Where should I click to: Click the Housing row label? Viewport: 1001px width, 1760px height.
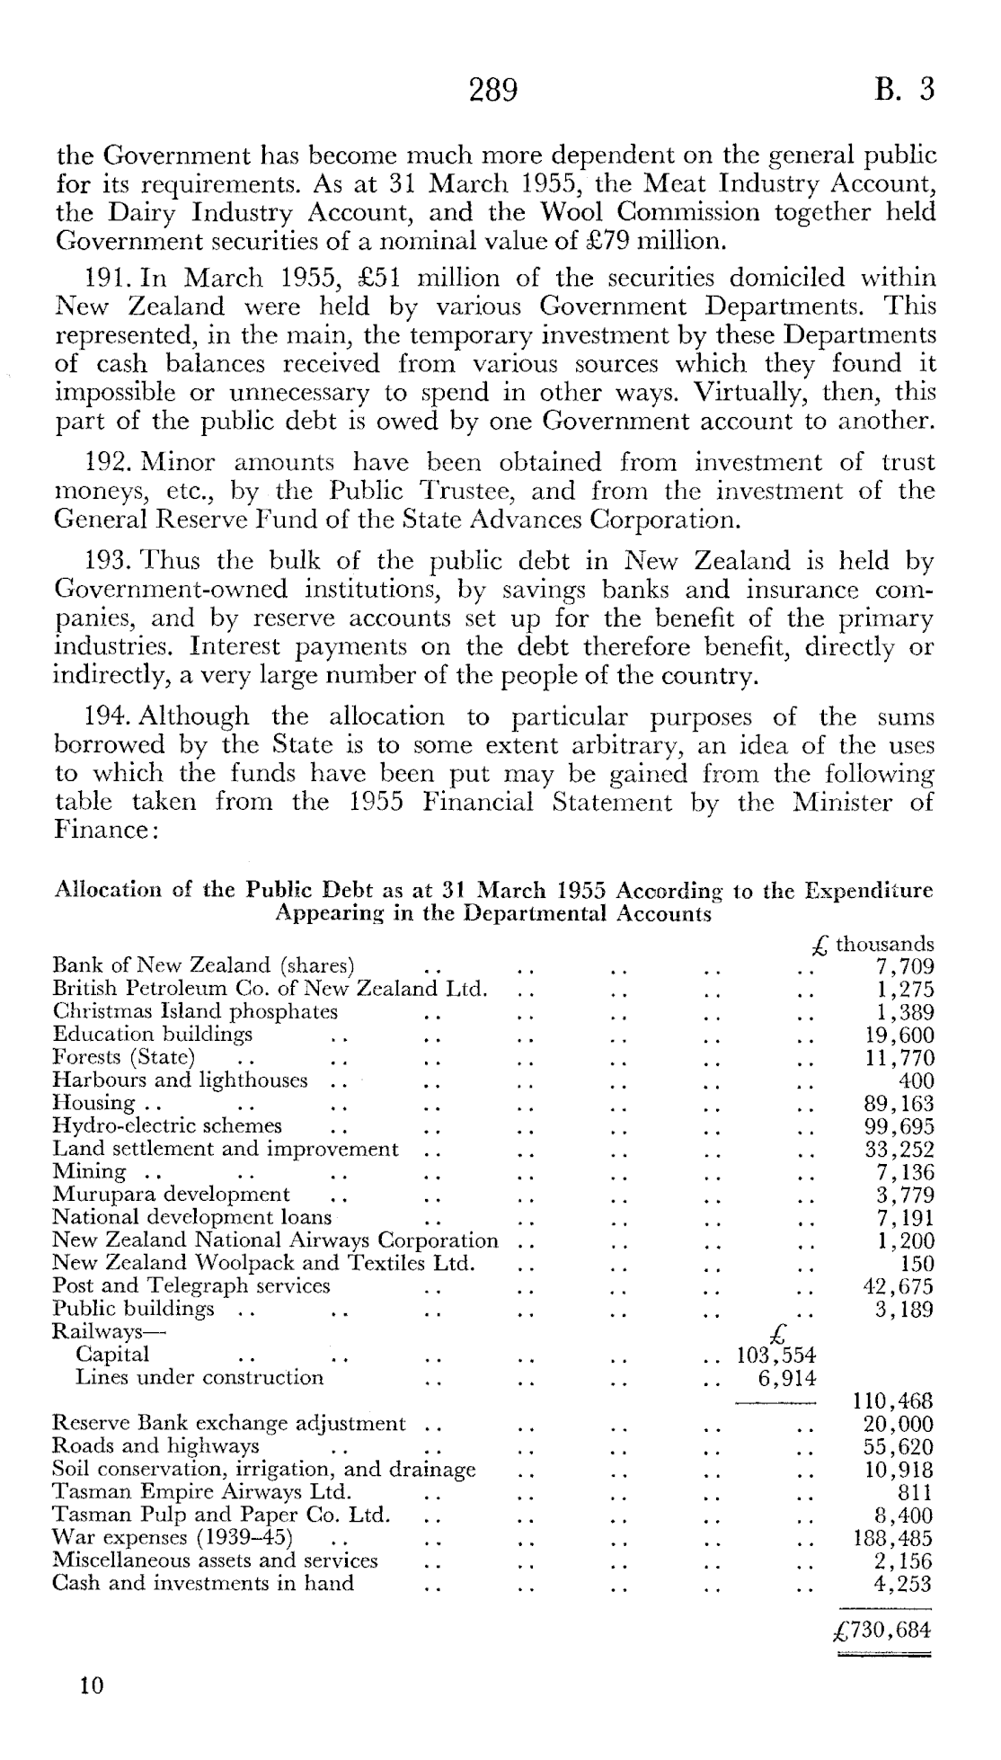coord(94,1104)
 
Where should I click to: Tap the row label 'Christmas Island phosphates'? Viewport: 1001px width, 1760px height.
coord(195,1011)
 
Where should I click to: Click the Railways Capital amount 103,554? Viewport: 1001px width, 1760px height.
coord(775,1356)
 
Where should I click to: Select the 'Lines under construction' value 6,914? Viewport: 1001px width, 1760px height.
coord(787,1378)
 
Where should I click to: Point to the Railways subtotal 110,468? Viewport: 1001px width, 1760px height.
coord(891,1401)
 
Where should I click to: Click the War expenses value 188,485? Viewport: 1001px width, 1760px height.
coord(891,1538)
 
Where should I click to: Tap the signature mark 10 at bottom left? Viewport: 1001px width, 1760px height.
coord(92,1685)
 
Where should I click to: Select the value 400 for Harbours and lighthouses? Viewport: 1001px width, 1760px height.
coord(916,1081)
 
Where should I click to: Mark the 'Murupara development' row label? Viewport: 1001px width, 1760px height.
coord(171,1195)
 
